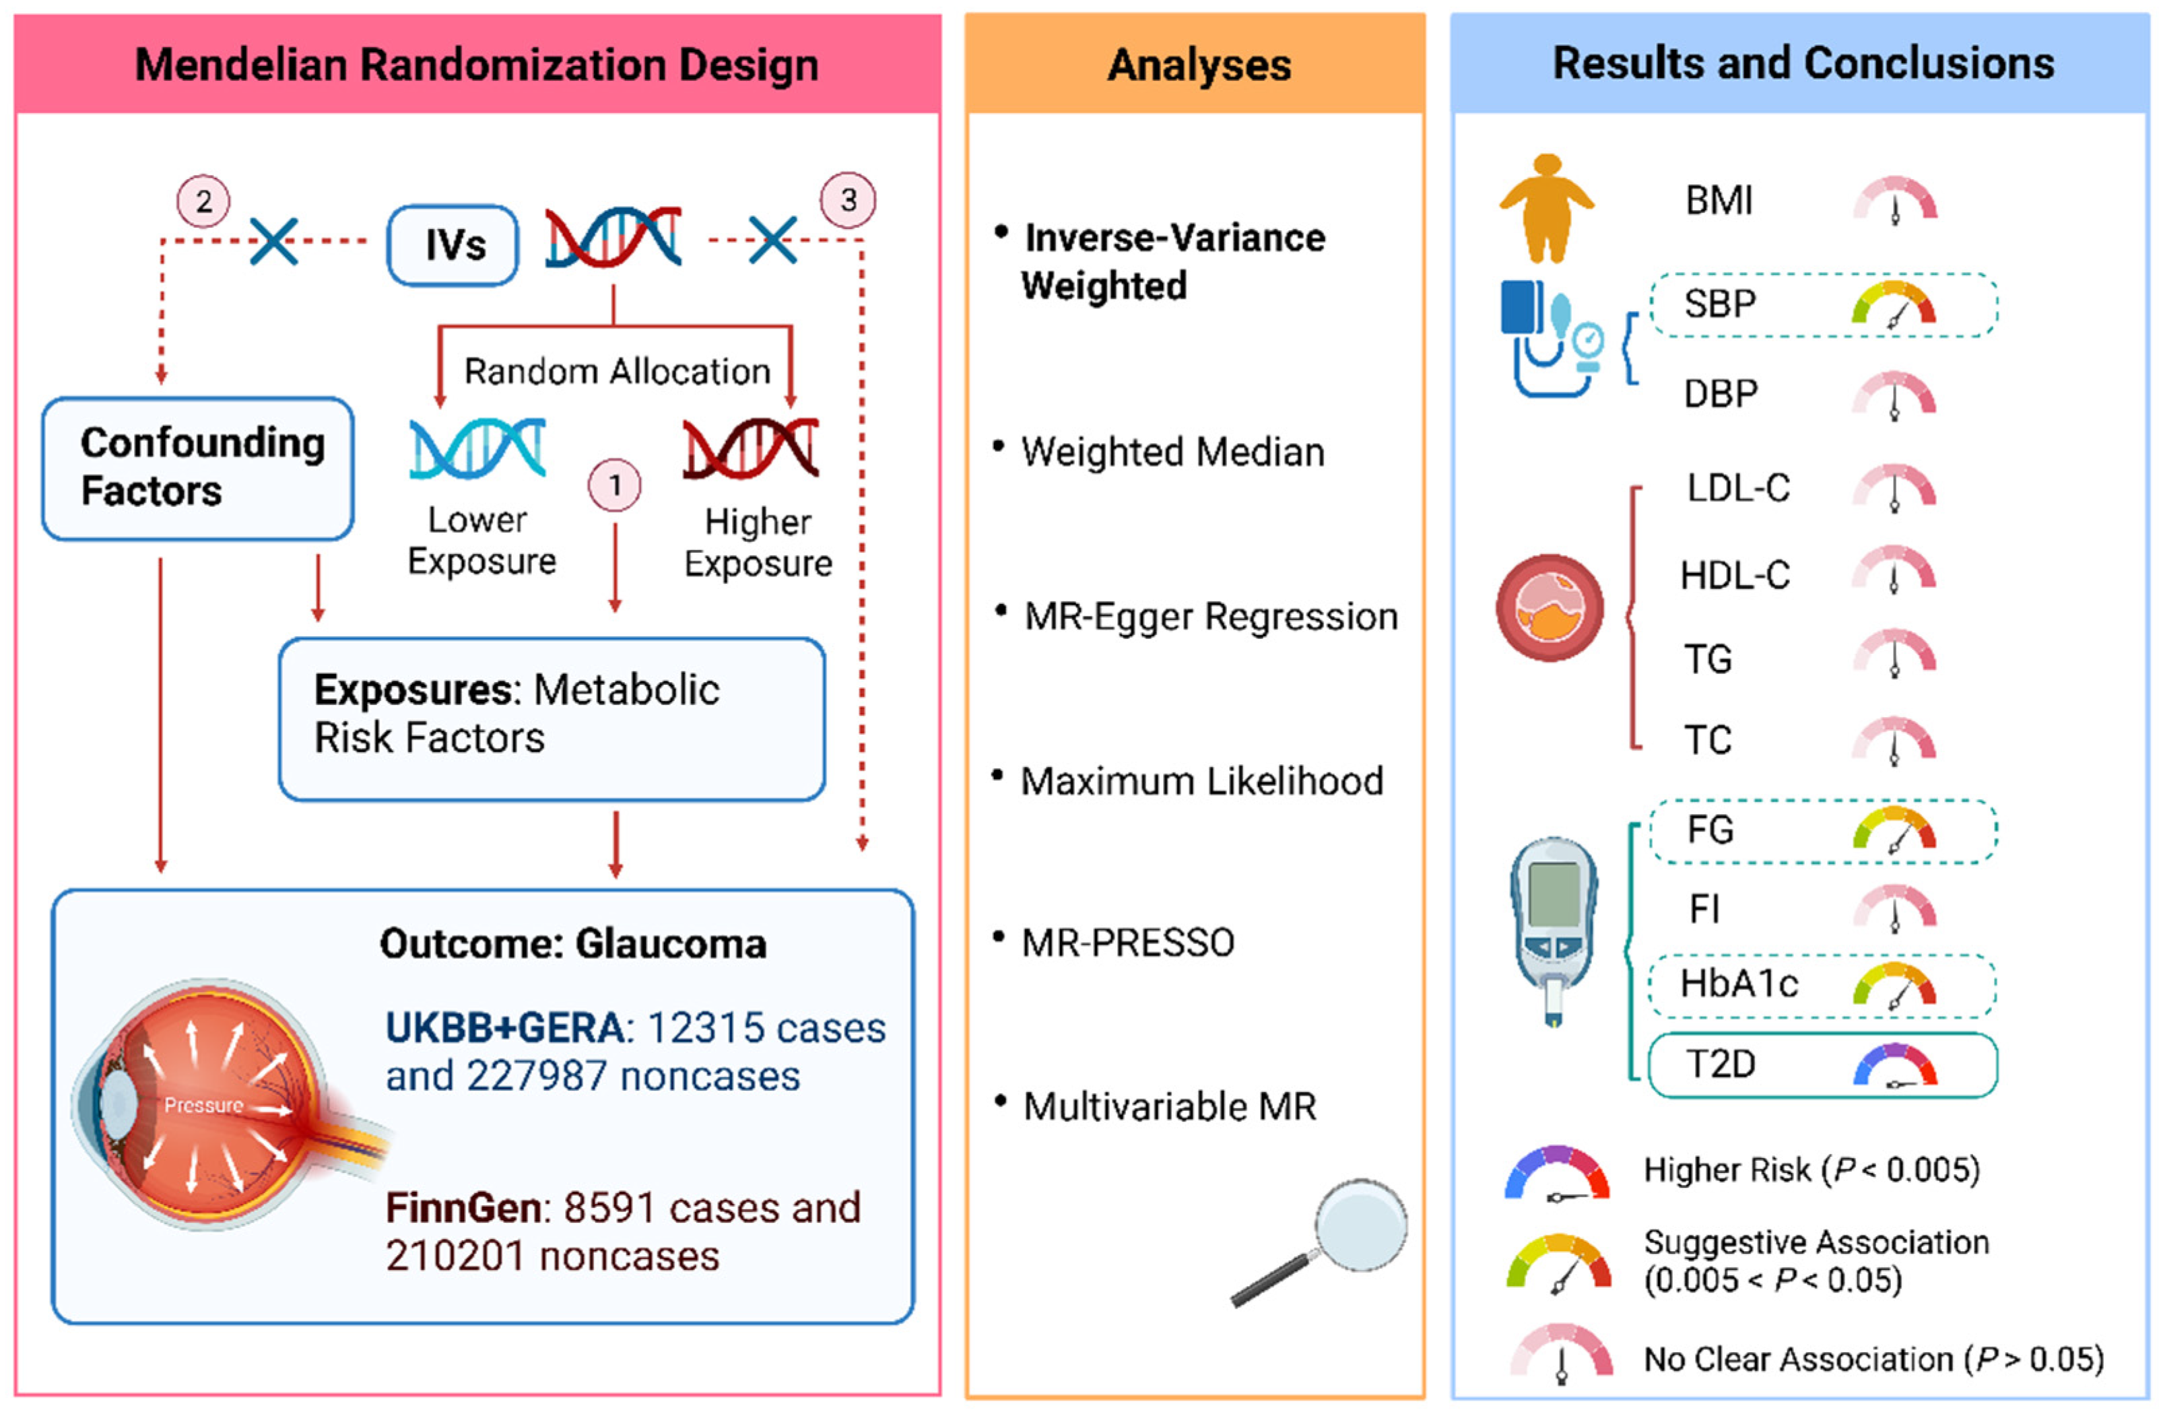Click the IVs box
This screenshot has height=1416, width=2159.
(x=453, y=245)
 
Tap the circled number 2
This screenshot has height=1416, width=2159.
(x=203, y=201)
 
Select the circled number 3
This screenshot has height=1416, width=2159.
(x=849, y=199)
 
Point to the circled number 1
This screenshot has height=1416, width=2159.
(x=615, y=485)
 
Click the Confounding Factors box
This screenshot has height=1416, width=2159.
(x=198, y=468)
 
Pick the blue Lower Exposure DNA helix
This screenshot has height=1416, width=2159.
(x=477, y=448)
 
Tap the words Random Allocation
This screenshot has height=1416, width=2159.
(x=617, y=371)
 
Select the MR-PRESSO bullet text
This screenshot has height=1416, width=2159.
(x=1127, y=943)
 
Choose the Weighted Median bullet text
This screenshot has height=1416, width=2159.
(x=1172, y=452)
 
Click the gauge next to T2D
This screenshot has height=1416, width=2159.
(x=1894, y=1065)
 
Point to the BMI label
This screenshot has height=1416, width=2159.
(x=1718, y=201)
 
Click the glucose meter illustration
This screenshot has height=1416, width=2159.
(x=1554, y=930)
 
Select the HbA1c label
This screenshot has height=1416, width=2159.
(x=1738, y=983)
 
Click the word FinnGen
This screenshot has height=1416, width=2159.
(x=463, y=1208)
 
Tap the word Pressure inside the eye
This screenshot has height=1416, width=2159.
(x=203, y=1105)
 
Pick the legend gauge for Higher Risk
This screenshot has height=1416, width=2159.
(x=1557, y=1174)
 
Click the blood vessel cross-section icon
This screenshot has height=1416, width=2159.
(x=1550, y=608)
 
